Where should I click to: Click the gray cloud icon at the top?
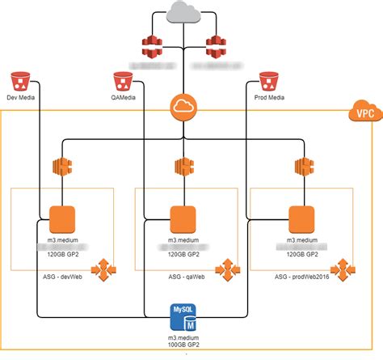click(185, 14)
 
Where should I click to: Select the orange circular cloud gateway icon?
click(185, 107)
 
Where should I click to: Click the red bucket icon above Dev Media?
click(22, 83)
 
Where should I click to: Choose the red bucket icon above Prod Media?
click(268, 83)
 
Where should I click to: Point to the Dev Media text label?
click(23, 100)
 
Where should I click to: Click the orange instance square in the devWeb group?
click(62, 218)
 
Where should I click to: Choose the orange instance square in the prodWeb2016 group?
click(301, 218)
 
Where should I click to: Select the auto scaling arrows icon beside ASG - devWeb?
click(106, 267)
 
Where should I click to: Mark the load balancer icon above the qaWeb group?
click(183, 167)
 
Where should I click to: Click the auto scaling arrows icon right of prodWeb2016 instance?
click(346, 267)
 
